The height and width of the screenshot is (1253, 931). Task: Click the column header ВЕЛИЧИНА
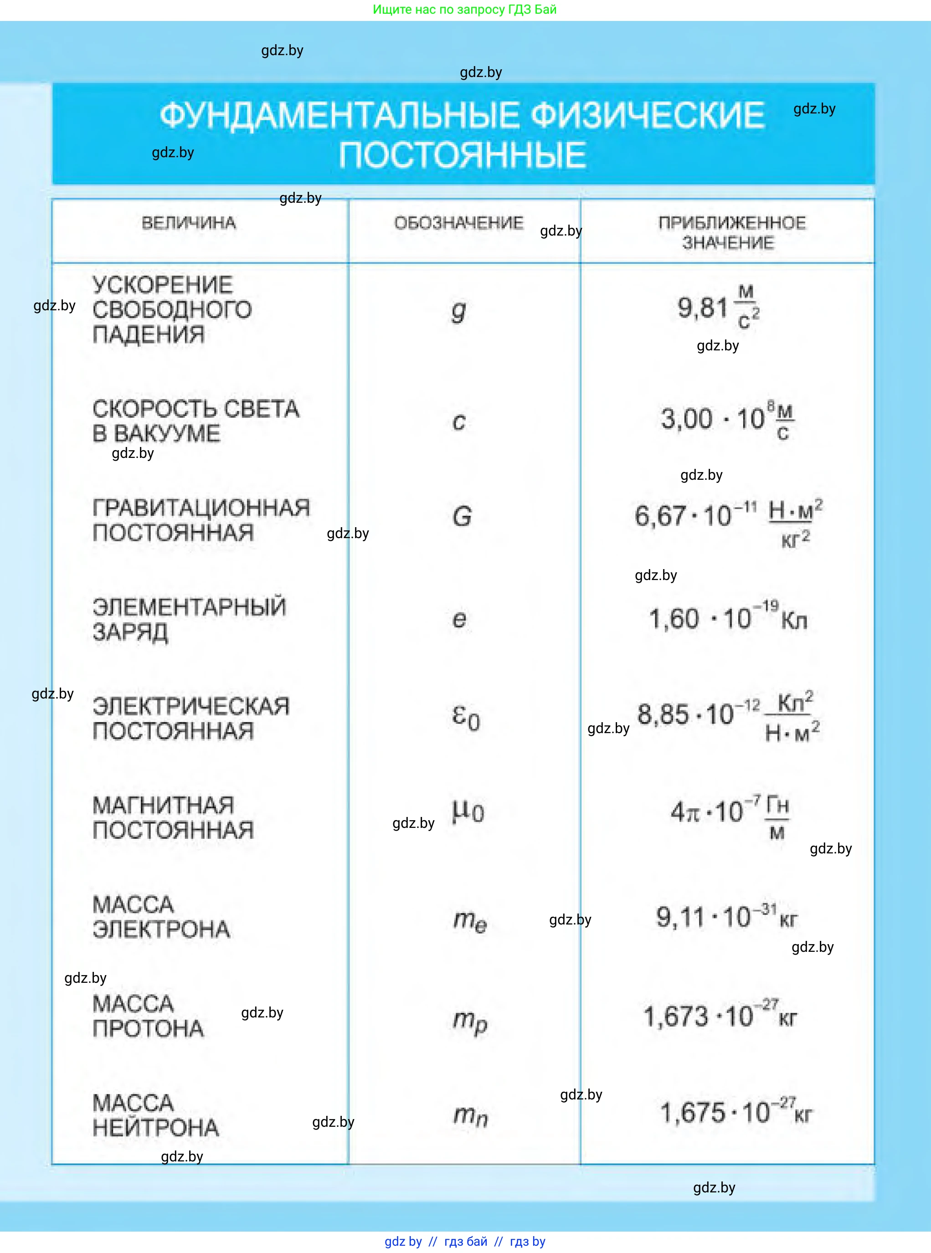click(x=189, y=223)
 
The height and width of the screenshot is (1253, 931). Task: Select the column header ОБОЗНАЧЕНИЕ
click(x=458, y=223)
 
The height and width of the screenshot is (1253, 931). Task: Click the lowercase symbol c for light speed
click(x=459, y=421)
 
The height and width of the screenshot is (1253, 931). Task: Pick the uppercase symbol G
click(x=462, y=517)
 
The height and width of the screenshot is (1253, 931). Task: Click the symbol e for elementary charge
click(x=459, y=619)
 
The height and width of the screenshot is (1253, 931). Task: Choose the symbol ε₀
click(x=466, y=717)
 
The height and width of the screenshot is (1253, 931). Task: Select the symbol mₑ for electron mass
click(x=469, y=920)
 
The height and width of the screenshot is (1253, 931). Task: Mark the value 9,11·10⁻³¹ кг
click(x=726, y=917)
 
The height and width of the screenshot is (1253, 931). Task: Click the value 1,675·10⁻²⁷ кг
click(x=735, y=1113)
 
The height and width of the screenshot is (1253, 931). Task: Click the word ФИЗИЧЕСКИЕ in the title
click(x=648, y=115)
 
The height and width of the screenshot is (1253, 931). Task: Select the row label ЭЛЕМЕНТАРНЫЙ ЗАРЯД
click(x=189, y=619)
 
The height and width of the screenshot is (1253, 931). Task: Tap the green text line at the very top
click(x=464, y=10)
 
